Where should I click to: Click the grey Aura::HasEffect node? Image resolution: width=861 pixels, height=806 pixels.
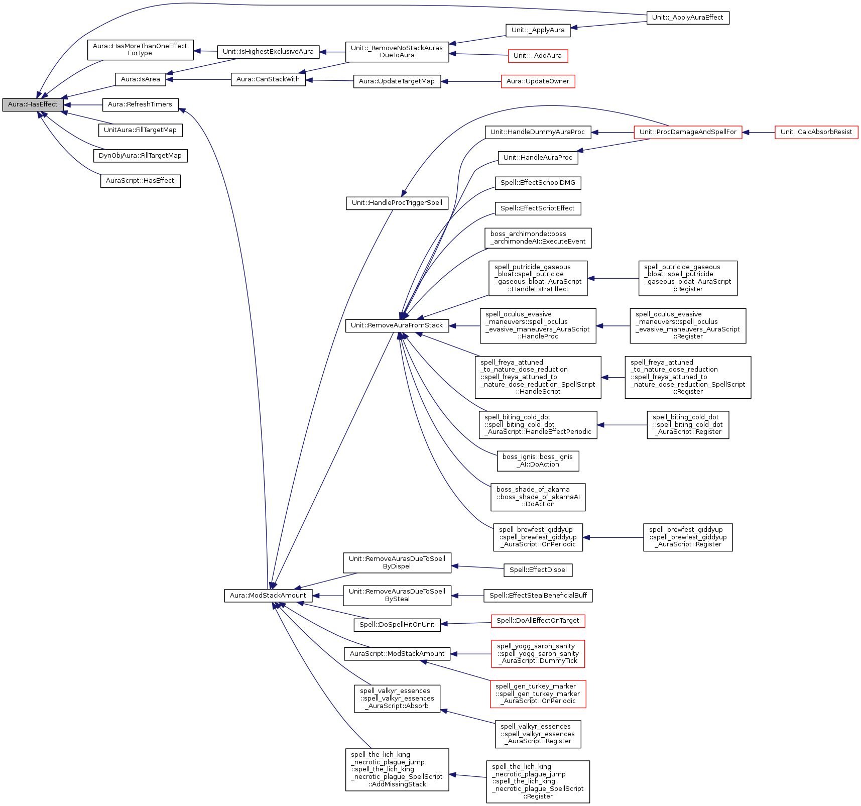click(33, 104)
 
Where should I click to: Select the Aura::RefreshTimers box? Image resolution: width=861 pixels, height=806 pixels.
click(140, 104)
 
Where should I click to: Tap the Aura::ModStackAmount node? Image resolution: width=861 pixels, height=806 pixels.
click(268, 596)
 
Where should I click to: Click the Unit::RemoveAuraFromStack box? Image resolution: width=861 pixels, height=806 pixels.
click(397, 325)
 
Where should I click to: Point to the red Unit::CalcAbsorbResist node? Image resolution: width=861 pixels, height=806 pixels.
click(816, 132)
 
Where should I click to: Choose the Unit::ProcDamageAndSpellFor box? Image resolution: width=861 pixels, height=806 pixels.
click(688, 132)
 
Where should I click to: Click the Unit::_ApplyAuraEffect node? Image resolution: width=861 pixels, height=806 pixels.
click(687, 18)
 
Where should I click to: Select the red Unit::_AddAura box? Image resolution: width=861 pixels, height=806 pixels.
click(538, 56)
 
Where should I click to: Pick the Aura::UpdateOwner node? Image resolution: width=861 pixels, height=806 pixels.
click(538, 81)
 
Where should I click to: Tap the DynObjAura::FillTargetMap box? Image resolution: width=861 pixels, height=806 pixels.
click(140, 156)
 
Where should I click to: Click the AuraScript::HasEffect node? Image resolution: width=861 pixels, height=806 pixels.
click(140, 181)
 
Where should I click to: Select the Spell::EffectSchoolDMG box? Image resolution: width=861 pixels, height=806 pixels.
click(538, 183)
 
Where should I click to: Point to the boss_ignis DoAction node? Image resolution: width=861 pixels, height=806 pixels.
click(538, 460)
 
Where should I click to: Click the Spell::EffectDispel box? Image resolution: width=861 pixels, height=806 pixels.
click(538, 570)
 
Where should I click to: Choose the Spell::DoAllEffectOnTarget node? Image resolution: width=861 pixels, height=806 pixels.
click(538, 621)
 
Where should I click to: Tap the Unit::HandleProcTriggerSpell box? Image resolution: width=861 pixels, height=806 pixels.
click(397, 203)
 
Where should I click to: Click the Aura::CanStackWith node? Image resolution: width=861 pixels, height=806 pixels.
click(268, 79)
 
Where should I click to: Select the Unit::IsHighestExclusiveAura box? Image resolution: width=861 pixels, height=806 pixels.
click(268, 52)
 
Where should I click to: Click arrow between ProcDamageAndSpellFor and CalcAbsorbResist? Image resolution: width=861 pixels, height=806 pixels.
click(759, 133)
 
